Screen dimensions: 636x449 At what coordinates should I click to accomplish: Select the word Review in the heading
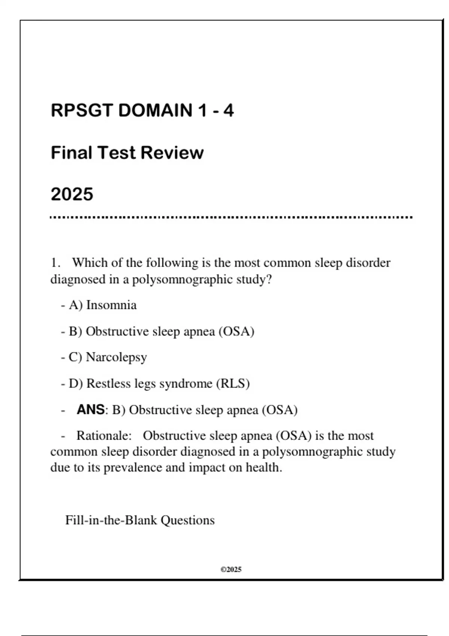point(172,153)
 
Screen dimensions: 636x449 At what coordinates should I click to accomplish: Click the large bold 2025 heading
point(72,194)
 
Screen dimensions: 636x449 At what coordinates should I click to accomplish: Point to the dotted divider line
point(231,217)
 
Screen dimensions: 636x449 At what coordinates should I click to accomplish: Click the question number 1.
point(55,263)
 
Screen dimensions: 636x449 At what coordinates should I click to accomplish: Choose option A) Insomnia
point(103,305)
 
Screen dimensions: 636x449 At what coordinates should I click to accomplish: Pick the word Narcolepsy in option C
point(116,357)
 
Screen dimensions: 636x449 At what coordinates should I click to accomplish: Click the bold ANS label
point(90,410)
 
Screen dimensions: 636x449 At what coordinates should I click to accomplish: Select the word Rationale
point(104,436)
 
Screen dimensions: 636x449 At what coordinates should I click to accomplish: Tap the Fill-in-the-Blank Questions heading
point(140,520)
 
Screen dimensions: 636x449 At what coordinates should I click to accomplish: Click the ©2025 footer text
point(231,569)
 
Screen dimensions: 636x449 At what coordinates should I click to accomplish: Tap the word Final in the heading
point(71,153)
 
